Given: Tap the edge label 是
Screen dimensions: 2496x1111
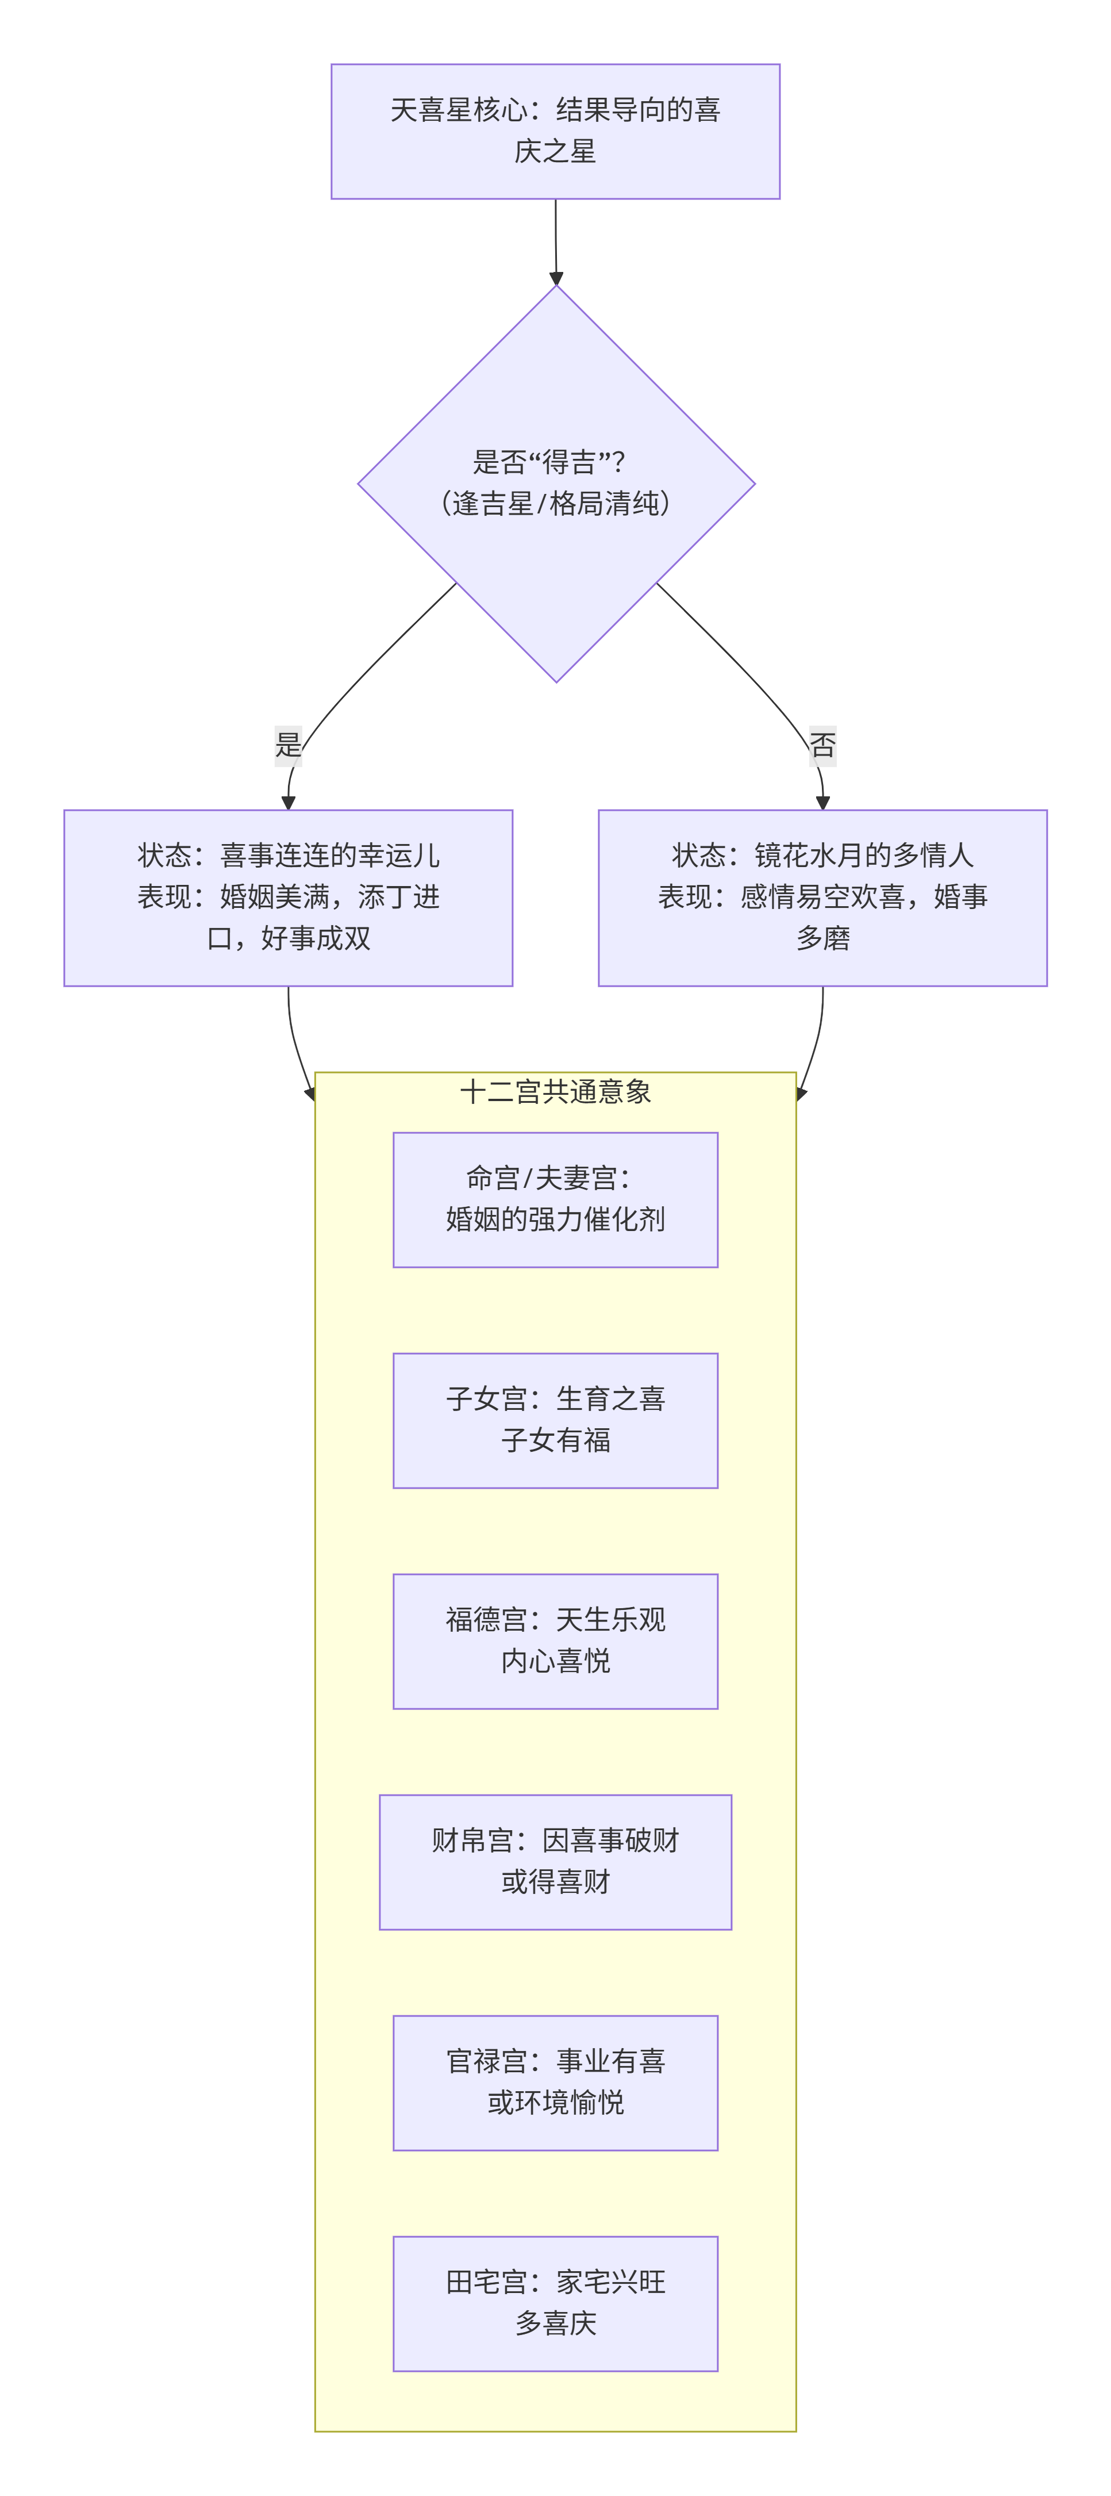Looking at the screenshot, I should click(288, 745).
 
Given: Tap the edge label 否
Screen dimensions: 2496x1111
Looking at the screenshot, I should click(822, 745).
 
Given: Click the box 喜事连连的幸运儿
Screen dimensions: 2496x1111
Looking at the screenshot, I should click(288, 897).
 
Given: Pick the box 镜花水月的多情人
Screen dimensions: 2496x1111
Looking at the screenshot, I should click(822, 897).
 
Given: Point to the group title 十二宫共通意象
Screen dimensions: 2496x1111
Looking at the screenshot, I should click(555, 1092).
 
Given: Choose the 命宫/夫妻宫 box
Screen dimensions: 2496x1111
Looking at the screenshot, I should click(555, 1199).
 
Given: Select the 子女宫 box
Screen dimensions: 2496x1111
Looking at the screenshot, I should click(555, 1420).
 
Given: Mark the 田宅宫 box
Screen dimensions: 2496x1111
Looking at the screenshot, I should click(555, 2303).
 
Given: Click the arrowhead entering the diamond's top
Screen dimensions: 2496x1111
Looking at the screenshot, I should click(556, 278).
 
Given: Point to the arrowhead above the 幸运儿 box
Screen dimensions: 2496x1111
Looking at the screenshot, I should click(288, 802).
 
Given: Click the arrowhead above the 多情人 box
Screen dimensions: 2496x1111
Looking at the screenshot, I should click(822, 802).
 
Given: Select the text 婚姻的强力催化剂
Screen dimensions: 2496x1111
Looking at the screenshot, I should click(555, 1219).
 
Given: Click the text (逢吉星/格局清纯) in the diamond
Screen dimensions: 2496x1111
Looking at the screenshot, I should click(555, 504).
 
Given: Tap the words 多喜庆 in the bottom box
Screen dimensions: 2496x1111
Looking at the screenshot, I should click(555, 2324).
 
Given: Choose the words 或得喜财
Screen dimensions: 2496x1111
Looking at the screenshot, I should click(555, 1882).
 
